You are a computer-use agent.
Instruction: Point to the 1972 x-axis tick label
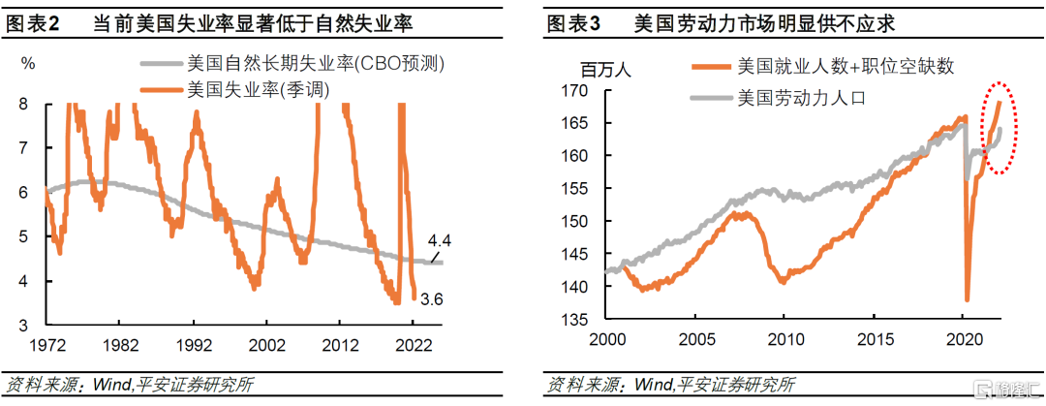[46, 345]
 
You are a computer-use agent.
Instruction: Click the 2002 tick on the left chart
[264, 345]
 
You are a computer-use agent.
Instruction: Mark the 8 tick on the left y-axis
[24, 105]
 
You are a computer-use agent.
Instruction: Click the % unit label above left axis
[28, 64]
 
